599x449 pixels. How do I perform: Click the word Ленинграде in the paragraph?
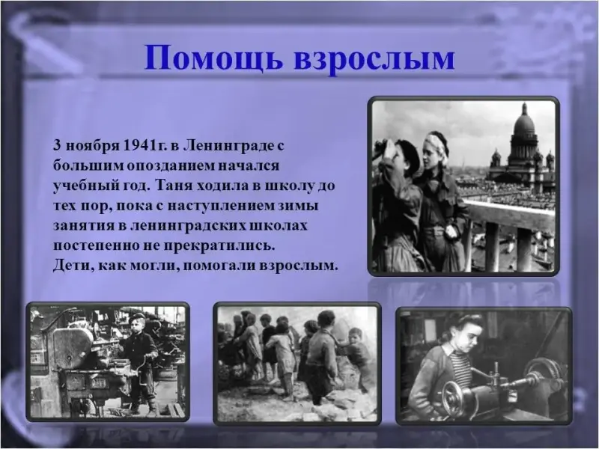pos(225,147)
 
